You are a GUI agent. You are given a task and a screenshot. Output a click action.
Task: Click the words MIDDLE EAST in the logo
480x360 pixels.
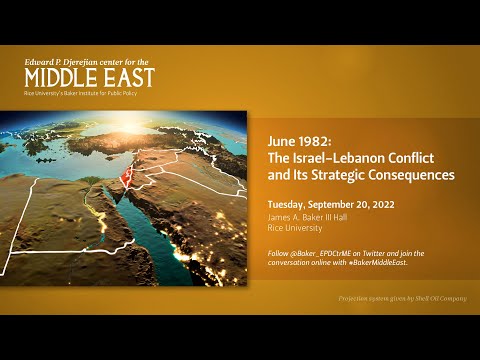pyautogui.click(x=90, y=77)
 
